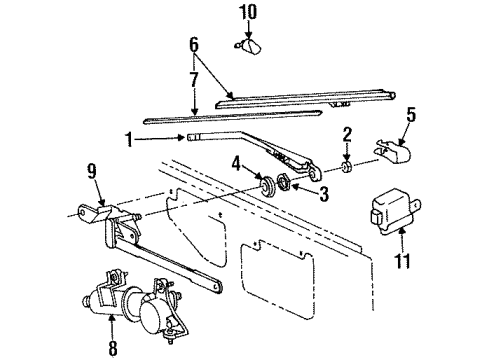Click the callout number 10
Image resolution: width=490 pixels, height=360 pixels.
[x=248, y=12]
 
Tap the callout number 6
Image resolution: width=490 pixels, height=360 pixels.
[x=194, y=45]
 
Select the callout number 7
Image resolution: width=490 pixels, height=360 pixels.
[x=194, y=79]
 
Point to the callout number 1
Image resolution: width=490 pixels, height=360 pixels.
[x=129, y=140]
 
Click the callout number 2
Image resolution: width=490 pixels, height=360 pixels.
[x=347, y=135]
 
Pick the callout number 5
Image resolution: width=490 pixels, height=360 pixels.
[x=411, y=115]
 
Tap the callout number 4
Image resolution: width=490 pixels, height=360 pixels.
[x=236, y=164]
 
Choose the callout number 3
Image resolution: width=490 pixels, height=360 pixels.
[x=324, y=194]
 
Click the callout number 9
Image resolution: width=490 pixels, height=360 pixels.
[x=92, y=172]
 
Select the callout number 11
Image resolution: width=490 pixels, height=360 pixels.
[x=402, y=260]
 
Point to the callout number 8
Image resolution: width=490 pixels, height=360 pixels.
[x=113, y=348]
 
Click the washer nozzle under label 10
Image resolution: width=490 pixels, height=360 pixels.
[x=248, y=46]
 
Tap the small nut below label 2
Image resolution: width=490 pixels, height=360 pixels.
[x=347, y=167]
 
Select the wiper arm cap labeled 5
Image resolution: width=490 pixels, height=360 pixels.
[x=393, y=152]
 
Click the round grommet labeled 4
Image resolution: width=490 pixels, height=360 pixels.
[x=268, y=187]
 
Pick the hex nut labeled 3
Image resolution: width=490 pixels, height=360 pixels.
[x=284, y=183]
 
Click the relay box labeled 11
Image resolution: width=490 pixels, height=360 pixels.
[x=394, y=211]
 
